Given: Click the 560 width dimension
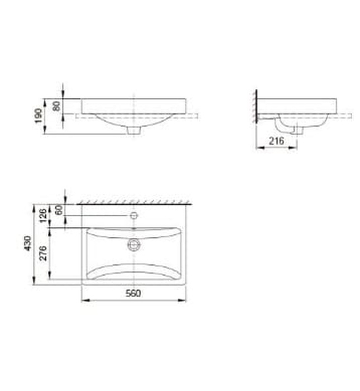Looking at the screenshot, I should [x=133, y=293].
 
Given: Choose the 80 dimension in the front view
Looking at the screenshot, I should [x=56, y=106].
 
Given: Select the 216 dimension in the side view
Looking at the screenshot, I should [x=276, y=141].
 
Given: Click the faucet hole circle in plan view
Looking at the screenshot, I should [x=134, y=216].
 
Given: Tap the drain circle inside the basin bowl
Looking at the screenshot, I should [x=134, y=244].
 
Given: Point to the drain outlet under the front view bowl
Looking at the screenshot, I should [x=134, y=131].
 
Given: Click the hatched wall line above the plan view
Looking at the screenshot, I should [x=134, y=202].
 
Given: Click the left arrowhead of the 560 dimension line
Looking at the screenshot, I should [x=84, y=301].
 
